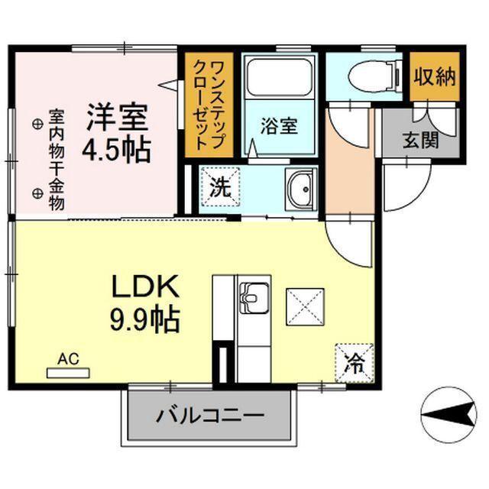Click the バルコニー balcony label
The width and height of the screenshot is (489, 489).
[x=210, y=417]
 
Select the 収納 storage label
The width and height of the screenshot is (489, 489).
[x=435, y=77]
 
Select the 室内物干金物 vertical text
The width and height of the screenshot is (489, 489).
[x=57, y=160]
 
